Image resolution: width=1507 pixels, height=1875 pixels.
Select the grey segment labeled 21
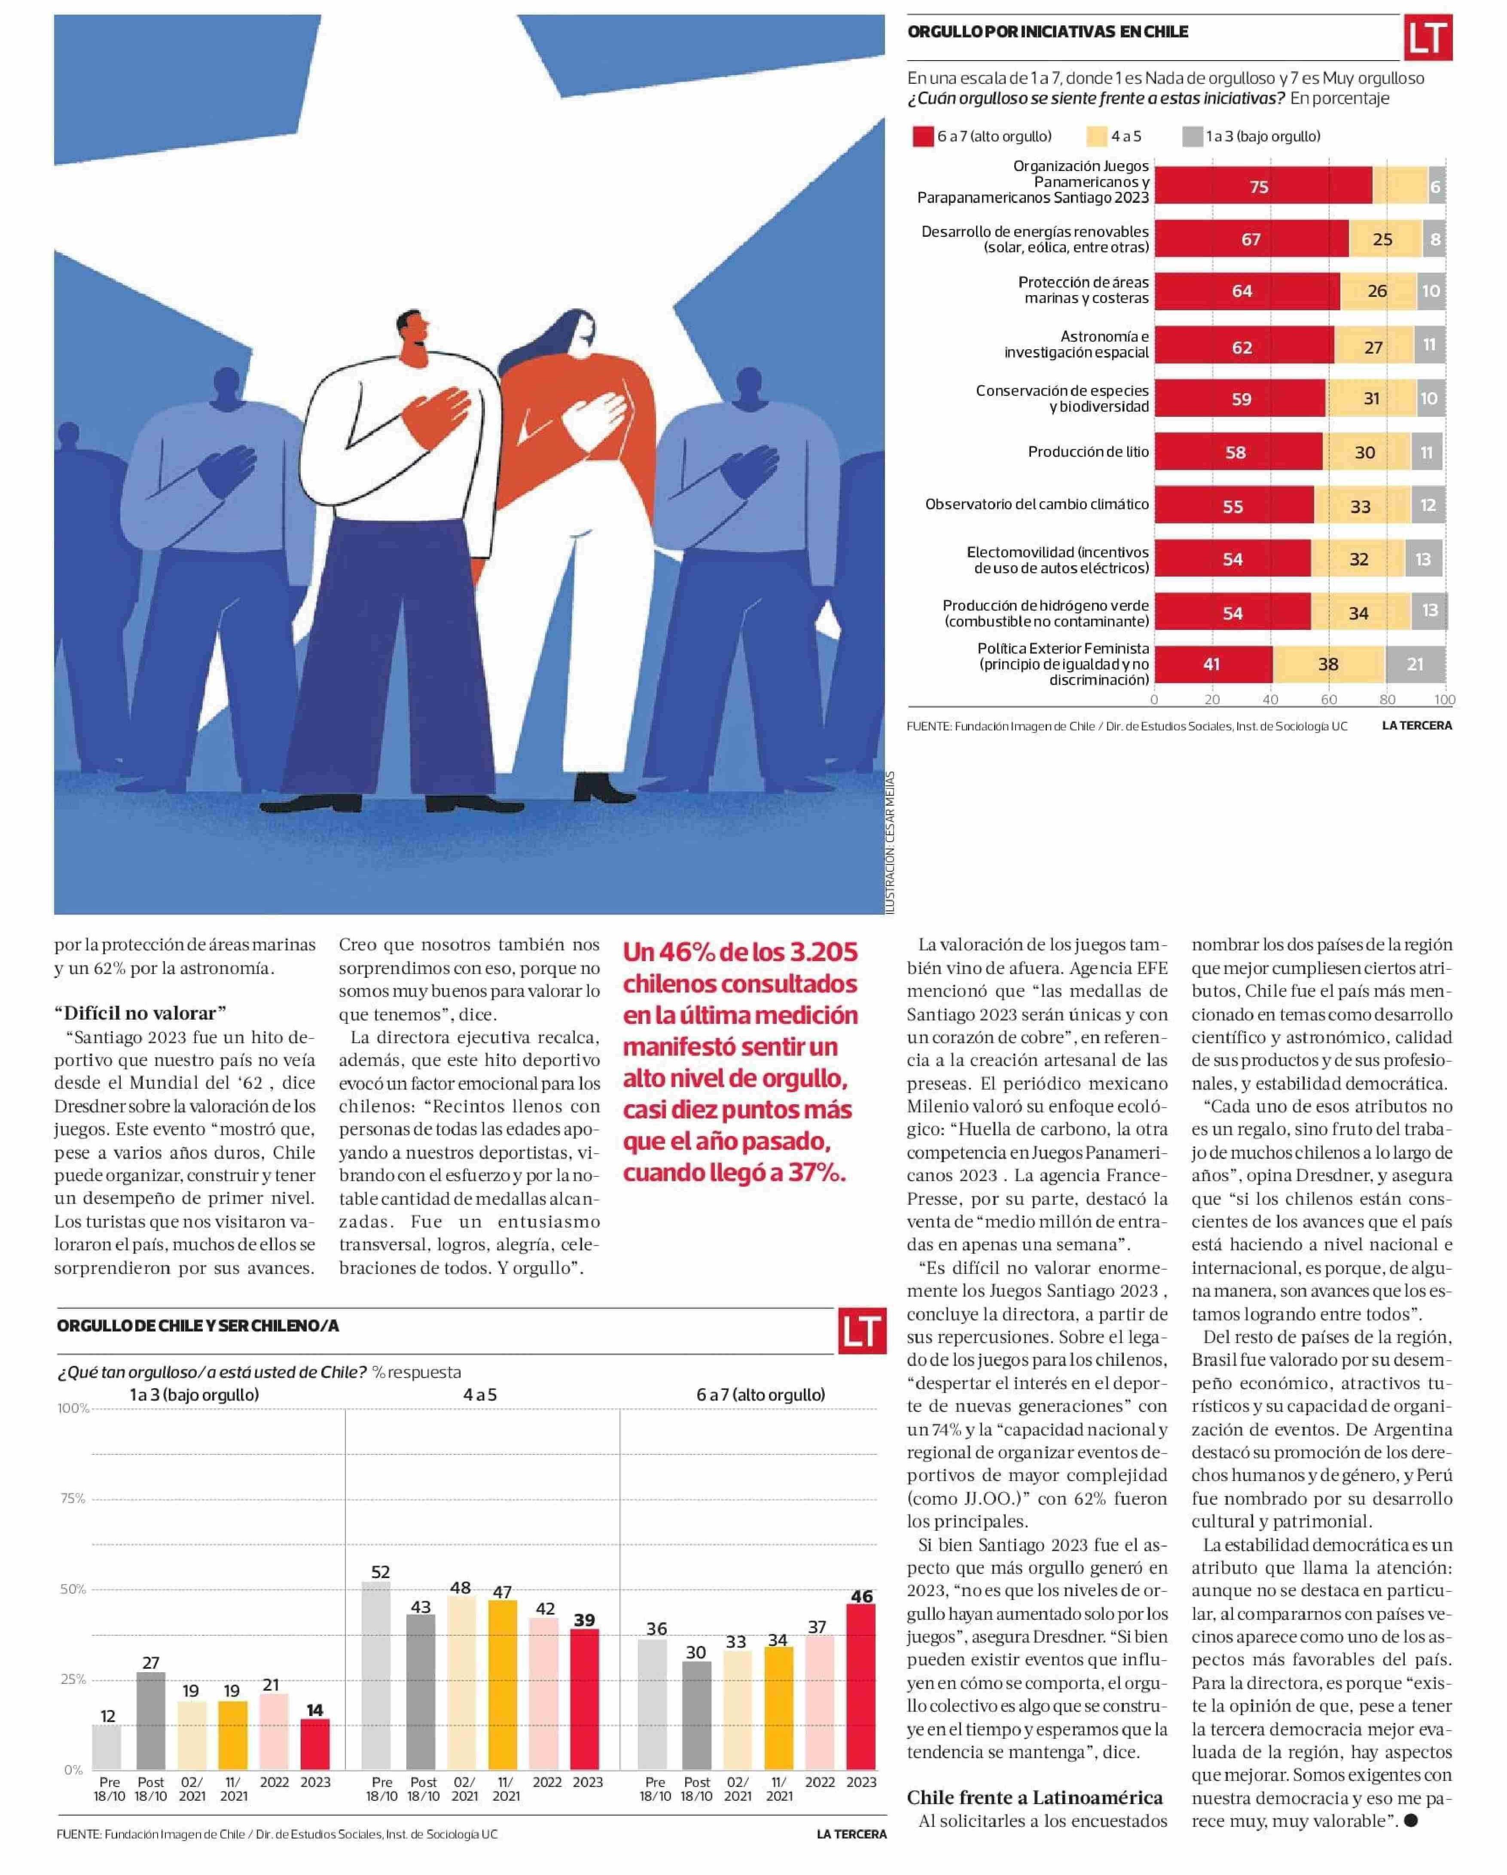tap(1415, 664)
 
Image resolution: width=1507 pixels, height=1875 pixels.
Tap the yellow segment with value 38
tap(1328, 664)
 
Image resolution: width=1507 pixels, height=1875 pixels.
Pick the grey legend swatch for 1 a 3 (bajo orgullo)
tap(1192, 137)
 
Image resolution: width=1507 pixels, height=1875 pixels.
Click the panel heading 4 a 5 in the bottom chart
tap(480, 1395)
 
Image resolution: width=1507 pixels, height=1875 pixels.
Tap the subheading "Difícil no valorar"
tap(140, 1012)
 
